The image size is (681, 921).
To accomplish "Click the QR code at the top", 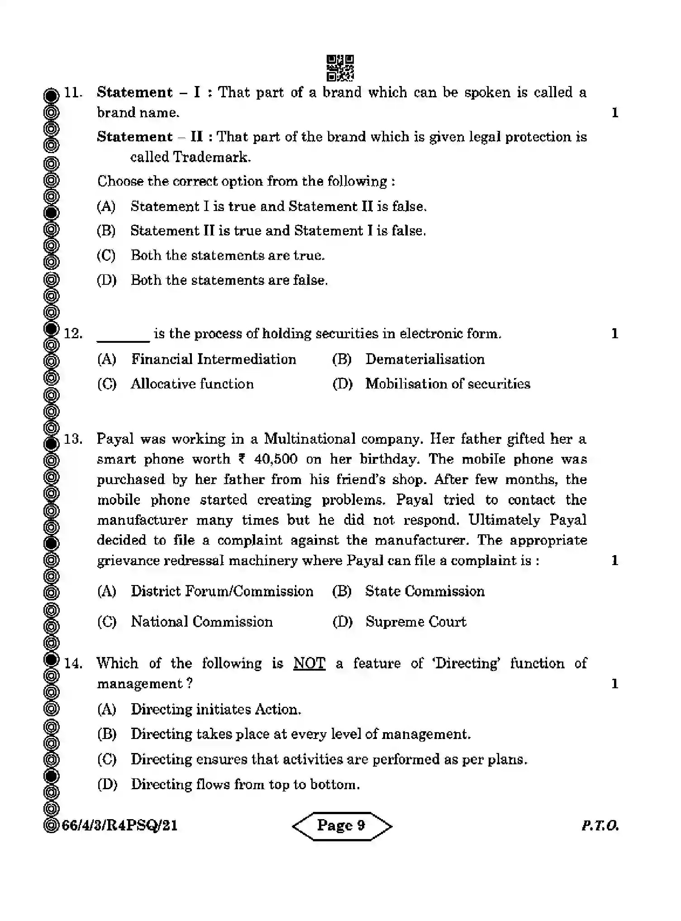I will point(340,68).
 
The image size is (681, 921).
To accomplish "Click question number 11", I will point(72,93).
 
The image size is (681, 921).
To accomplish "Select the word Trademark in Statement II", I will point(211,157).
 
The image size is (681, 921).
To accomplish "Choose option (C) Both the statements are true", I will point(228,255).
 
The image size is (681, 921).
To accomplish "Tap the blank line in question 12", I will point(123,335).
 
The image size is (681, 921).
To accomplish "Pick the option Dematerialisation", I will point(424,359).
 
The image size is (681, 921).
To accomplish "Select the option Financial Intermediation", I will point(214,359).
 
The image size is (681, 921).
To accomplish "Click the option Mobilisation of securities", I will point(448,384).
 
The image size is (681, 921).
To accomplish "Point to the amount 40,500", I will point(276,459).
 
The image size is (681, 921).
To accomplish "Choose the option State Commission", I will point(424,591).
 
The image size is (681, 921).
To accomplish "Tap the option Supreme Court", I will point(415,622).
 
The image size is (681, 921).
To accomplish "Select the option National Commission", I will point(202,622).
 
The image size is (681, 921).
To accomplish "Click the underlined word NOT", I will point(309,663).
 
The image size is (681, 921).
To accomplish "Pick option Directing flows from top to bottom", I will point(245,784).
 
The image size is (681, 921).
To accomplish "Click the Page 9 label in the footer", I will point(341,825).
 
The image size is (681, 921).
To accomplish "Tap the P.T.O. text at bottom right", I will point(600,826).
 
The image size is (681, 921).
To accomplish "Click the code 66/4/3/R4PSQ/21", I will point(119,826).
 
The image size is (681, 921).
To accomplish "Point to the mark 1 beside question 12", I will point(614,334).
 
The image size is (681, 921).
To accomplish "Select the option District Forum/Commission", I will point(222,591).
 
